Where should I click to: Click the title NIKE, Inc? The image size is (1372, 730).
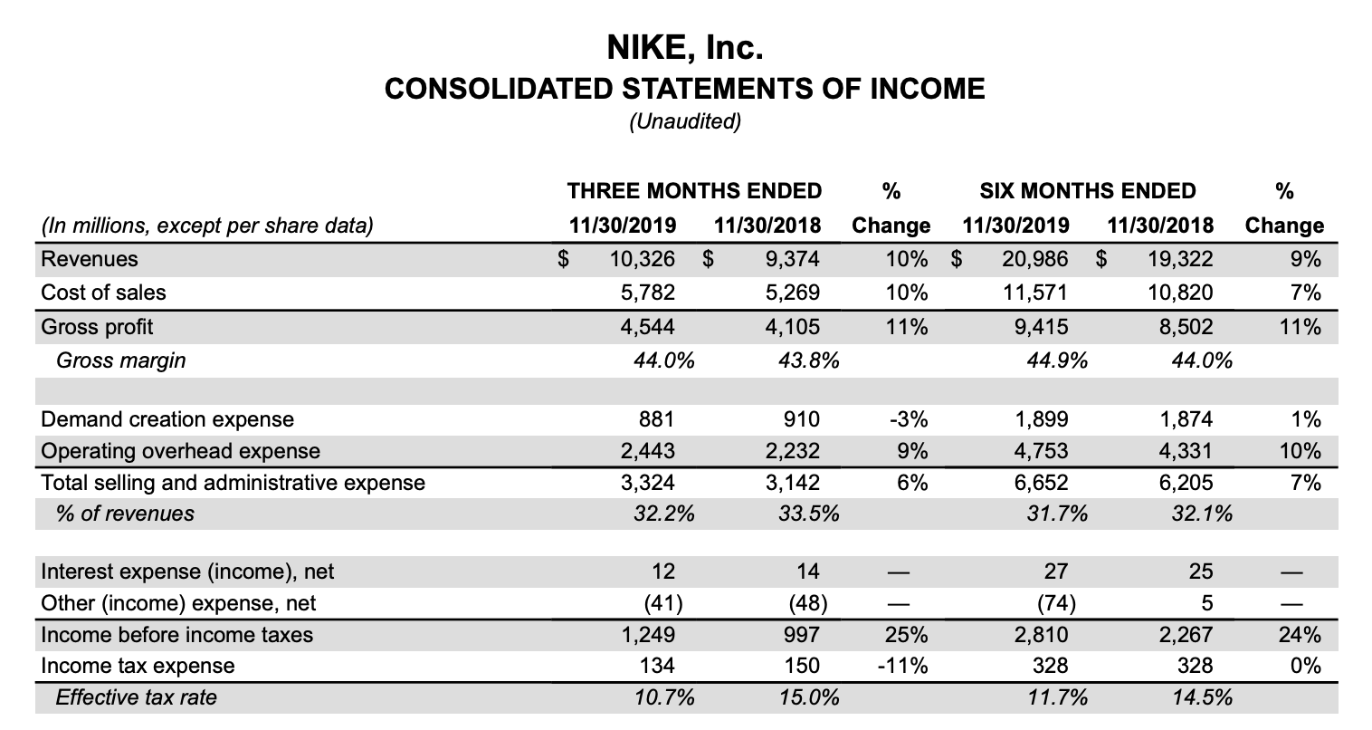684,47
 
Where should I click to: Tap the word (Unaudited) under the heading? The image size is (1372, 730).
684,121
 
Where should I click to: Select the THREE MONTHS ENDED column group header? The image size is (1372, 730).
694,191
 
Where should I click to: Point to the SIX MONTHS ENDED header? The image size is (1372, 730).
1087,191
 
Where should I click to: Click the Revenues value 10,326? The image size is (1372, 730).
642,259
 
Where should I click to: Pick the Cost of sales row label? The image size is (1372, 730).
104,293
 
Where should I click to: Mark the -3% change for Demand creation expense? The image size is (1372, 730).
908,419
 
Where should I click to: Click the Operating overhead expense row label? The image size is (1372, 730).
181,451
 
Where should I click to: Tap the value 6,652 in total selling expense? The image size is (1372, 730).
1043,483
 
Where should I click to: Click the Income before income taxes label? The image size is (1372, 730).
177,635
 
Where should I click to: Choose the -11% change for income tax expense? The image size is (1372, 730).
902,667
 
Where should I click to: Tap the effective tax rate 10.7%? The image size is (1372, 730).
664,697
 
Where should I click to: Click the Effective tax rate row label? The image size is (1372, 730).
136,697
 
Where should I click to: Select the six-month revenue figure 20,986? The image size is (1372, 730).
1034,259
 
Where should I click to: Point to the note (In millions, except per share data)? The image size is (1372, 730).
207,226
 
